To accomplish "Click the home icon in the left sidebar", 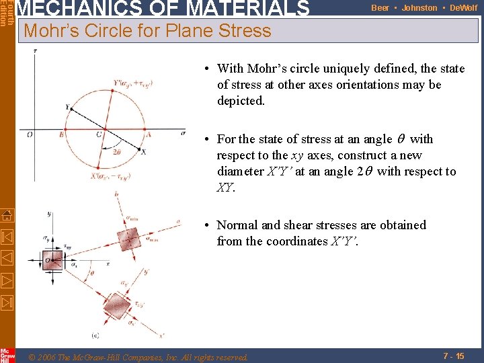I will [6, 216].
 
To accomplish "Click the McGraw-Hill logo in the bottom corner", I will [7, 355].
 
